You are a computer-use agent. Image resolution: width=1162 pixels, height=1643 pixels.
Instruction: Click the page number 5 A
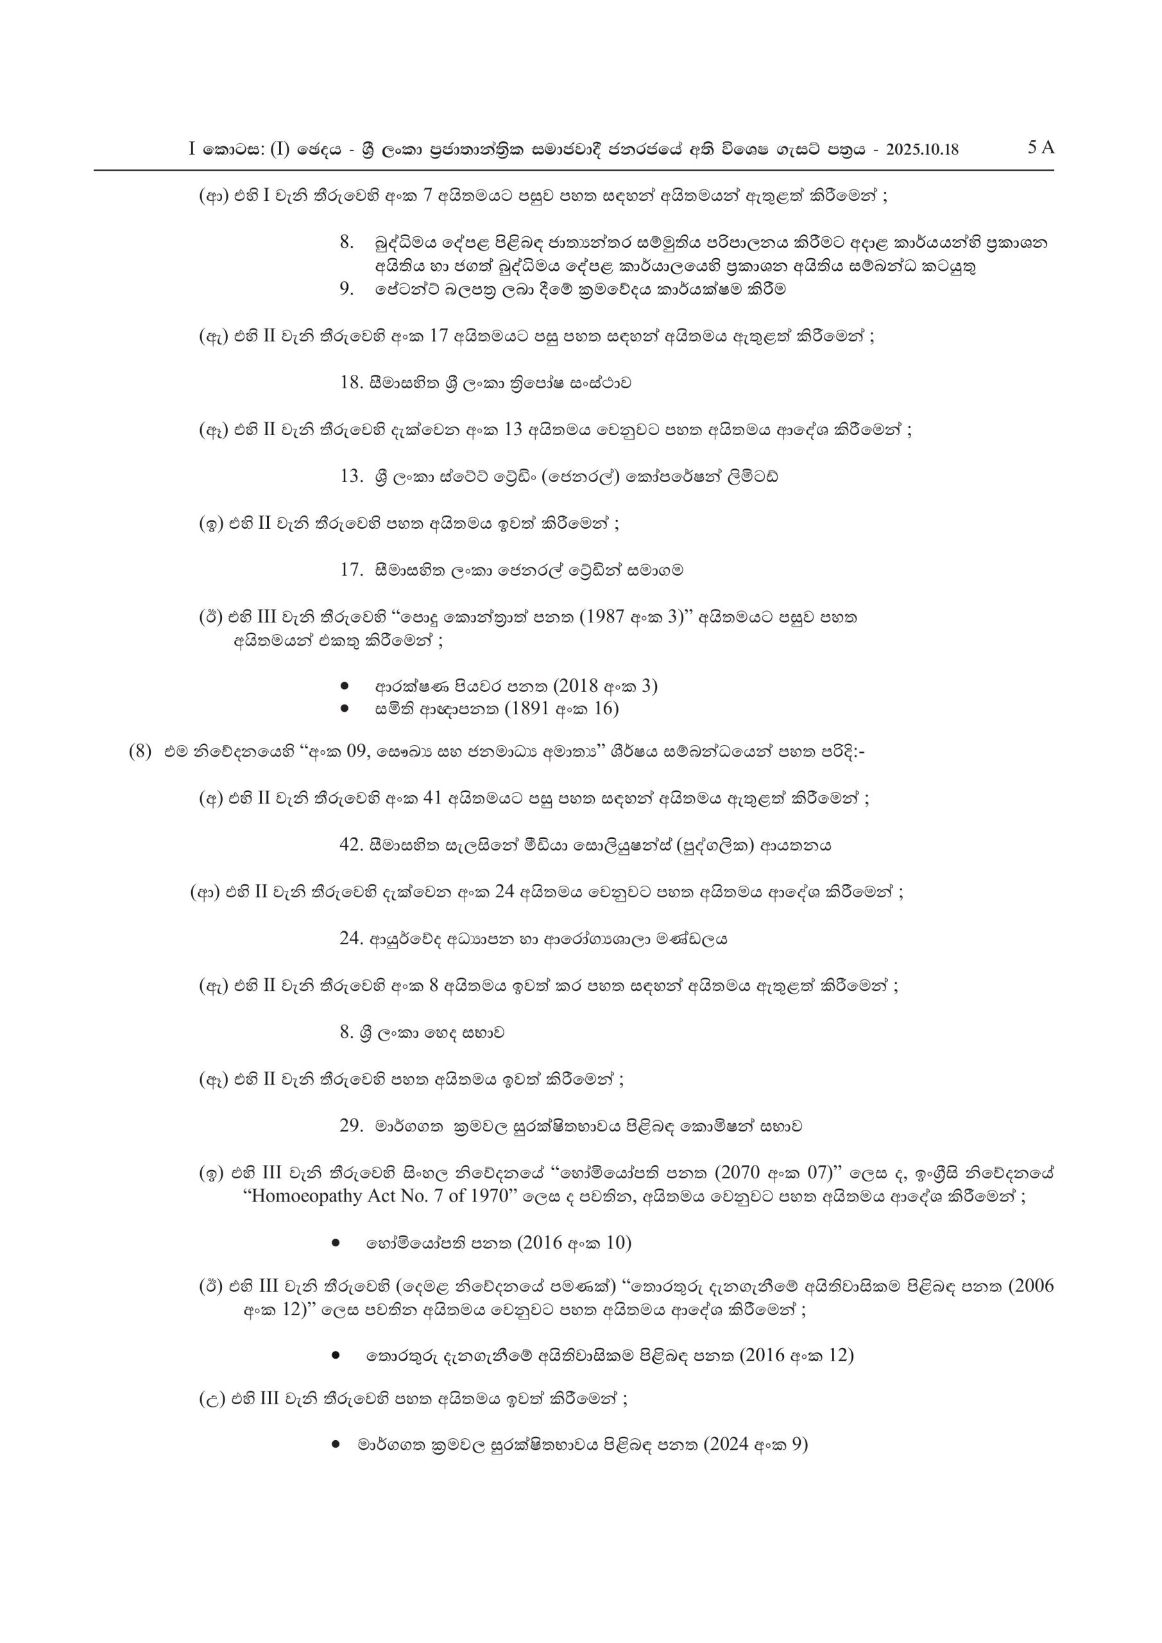point(1041,148)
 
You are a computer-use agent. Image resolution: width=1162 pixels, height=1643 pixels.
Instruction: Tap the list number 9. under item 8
point(347,289)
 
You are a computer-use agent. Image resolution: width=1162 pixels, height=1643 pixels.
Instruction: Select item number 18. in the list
point(352,383)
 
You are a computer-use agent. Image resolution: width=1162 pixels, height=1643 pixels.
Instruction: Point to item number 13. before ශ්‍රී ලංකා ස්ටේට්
point(352,477)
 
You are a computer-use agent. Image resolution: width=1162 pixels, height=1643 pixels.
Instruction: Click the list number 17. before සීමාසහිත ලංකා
point(352,571)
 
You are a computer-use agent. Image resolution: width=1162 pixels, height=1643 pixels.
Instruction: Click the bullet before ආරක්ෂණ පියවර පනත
point(345,686)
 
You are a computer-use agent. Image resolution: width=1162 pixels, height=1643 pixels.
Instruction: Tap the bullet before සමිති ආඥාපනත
point(345,709)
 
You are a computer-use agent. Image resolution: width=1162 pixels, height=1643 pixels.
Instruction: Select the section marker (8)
point(141,752)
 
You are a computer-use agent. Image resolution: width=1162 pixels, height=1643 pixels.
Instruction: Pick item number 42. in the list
point(352,845)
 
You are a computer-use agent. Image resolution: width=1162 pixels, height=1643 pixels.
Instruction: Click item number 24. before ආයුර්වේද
point(352,939)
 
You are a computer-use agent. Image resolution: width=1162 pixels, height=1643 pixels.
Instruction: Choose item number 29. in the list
point(352,1126)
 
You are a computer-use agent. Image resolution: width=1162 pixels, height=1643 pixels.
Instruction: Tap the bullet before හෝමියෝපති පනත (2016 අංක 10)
point(336,1243)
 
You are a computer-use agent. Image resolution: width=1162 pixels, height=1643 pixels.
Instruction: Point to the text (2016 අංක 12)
point(796,1355)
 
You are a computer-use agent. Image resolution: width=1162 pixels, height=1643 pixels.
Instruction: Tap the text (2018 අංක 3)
point(605,686)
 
